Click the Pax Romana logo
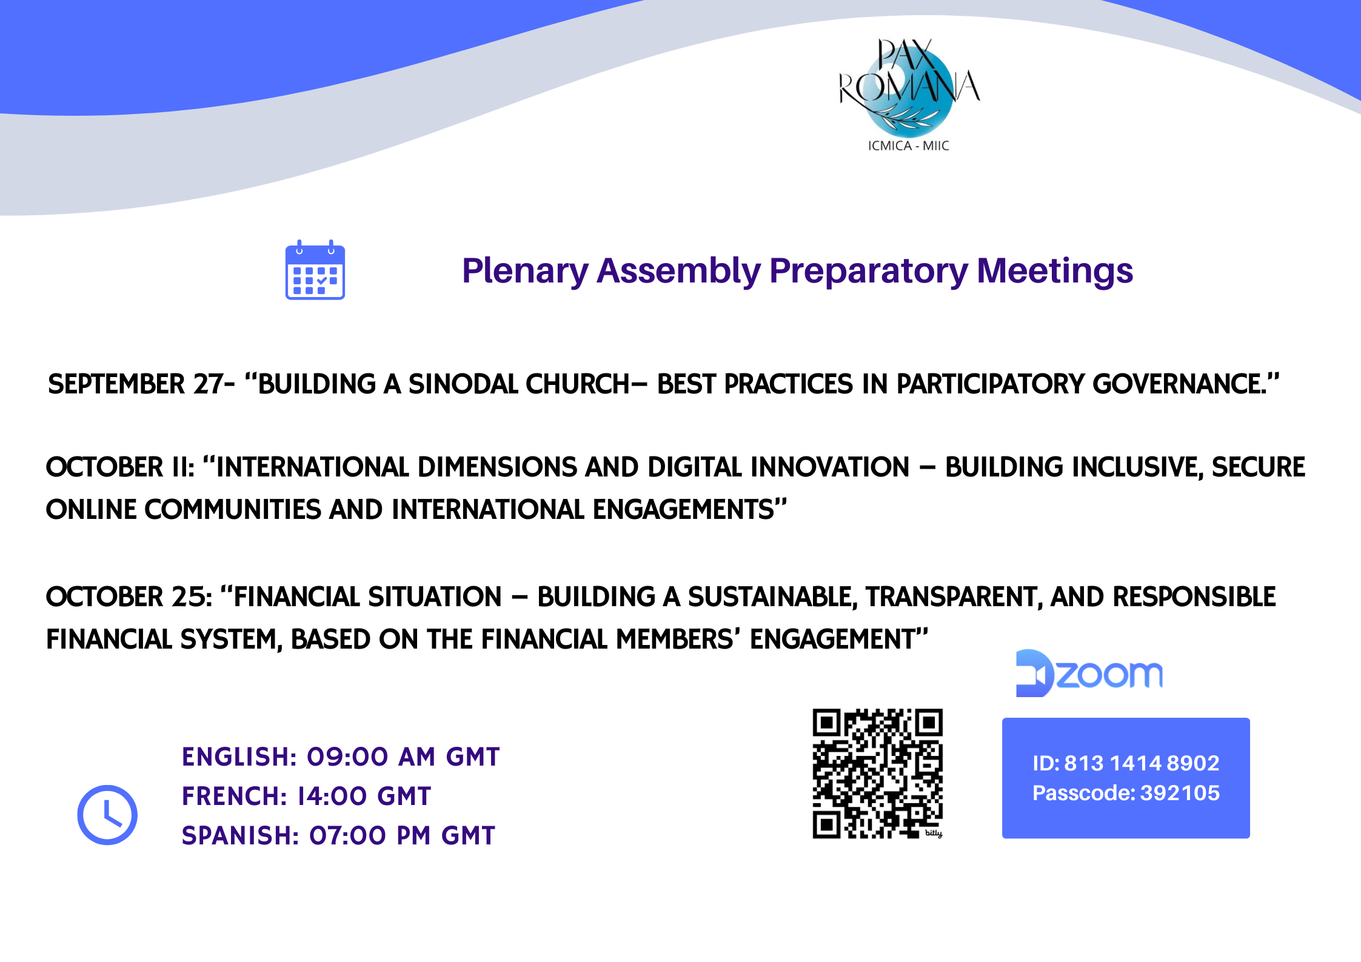(909, 94)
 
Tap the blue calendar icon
(315, 270)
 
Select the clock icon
(107, 815)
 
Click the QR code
(878, 773)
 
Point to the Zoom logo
(1089, 673)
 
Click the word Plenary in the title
(525, 270)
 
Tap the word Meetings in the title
(1055, 270)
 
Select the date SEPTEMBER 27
(135, 384)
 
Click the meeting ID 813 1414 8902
(1142, 763)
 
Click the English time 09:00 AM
(371, 757)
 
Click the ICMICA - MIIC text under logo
(908, 145)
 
